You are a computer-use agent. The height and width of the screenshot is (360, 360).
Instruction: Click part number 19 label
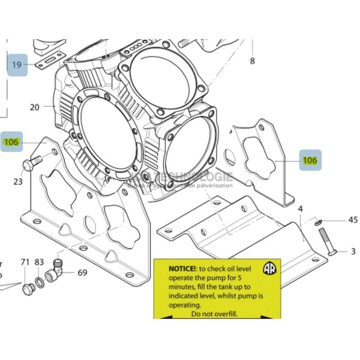17,65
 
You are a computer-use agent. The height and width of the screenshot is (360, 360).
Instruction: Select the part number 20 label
35,107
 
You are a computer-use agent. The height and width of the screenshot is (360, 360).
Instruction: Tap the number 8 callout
252,61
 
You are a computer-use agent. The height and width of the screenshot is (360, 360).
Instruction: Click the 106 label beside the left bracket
11,142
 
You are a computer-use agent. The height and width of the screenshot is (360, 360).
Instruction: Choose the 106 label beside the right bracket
310,160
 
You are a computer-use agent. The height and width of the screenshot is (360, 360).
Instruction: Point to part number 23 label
18,182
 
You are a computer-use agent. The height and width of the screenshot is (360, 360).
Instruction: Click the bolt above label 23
31,162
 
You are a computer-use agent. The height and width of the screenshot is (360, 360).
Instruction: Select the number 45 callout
353,220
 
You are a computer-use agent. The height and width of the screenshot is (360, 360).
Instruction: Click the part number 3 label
353,252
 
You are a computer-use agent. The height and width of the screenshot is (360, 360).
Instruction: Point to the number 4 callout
300,209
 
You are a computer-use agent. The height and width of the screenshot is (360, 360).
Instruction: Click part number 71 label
25,262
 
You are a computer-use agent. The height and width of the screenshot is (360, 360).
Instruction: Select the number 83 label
39,262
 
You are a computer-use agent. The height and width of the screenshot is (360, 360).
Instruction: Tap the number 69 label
82,272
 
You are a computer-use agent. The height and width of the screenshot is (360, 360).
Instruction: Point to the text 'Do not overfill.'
214,314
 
